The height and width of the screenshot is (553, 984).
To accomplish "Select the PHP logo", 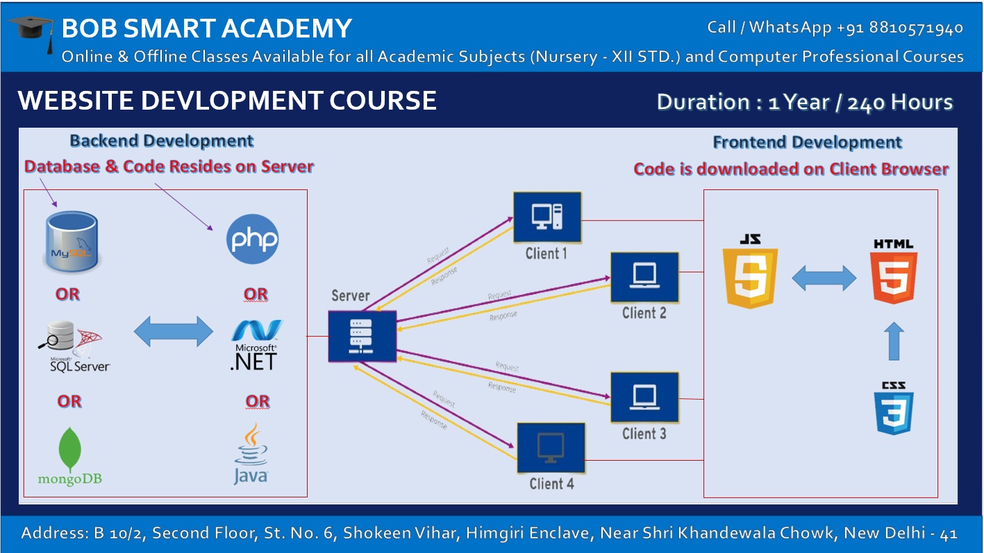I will pos(253,239).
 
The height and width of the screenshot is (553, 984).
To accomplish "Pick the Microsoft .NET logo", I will pos(255,344).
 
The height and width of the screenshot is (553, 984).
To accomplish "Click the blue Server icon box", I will pos(362,336).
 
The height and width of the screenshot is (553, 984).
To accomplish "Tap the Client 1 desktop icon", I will pos(547,216).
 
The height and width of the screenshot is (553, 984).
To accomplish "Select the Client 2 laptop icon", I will pos(644,277).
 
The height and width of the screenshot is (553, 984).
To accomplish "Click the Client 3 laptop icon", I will pos(644,397).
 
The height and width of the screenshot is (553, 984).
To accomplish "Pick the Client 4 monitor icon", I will pos(551,448).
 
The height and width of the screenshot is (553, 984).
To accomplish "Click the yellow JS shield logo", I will pos(750,271).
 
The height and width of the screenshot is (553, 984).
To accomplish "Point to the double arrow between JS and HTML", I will pos(824,278).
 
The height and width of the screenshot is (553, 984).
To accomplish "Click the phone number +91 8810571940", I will pos(900,28).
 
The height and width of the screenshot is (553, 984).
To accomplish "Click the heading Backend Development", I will pos(162,141).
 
